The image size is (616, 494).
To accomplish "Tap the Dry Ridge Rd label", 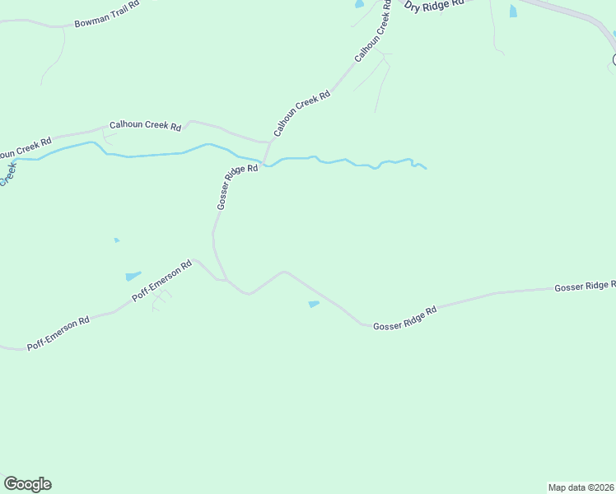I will pos(434,7).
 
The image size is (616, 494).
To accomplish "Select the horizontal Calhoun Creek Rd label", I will pos(145,126).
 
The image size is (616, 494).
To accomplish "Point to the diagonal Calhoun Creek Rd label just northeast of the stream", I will pos(301,114).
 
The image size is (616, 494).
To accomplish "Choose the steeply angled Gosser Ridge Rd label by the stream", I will pos(237,187).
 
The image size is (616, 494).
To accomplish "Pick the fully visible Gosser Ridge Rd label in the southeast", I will pos(404,319).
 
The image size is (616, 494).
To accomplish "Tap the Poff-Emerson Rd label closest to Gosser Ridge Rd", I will pos(162,282).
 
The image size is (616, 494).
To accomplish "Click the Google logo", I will pos(27,484).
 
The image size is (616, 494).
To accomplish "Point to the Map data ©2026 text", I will pos(581,487).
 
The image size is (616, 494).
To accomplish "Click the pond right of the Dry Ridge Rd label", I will pos(513,11).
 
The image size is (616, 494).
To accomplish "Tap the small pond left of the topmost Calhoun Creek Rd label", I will pos(359,5).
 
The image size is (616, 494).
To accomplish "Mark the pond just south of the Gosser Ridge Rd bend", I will pos(313,305).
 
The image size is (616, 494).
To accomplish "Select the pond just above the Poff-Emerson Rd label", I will pos(133,276).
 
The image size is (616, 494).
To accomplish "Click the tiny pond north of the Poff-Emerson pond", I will pos(117,240).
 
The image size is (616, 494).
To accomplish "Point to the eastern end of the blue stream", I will pos(425,168).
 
